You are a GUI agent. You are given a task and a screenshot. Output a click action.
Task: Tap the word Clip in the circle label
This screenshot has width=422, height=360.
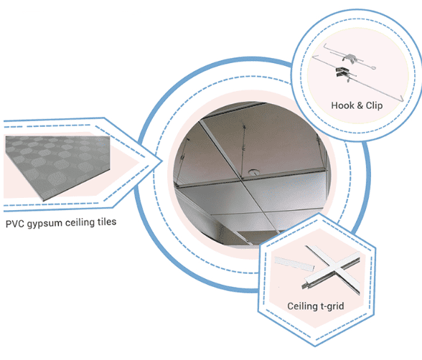point(374,105)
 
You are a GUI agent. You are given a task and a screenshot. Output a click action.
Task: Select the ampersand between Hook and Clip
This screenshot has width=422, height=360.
point(360,105)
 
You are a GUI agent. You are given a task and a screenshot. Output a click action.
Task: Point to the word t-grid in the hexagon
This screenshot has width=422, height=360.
point(332,306)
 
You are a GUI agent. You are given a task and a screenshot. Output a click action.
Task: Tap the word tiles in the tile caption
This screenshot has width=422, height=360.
point(107,222)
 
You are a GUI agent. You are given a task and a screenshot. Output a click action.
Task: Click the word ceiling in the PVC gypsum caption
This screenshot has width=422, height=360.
point(80,223)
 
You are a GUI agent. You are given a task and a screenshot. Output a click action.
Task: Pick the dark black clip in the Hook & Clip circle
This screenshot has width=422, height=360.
point(342,72)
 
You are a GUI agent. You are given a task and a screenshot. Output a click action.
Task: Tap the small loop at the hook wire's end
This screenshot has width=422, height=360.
point(372,69)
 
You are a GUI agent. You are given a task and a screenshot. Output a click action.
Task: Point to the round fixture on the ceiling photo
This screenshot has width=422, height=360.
point(253,171)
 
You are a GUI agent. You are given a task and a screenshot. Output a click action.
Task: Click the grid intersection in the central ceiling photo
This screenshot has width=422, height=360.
point(241,179)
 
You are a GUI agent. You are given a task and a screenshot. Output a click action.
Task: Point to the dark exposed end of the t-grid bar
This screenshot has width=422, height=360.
point(305,285)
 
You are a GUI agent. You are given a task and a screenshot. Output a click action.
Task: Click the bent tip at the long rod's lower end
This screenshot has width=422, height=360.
point(402,99)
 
